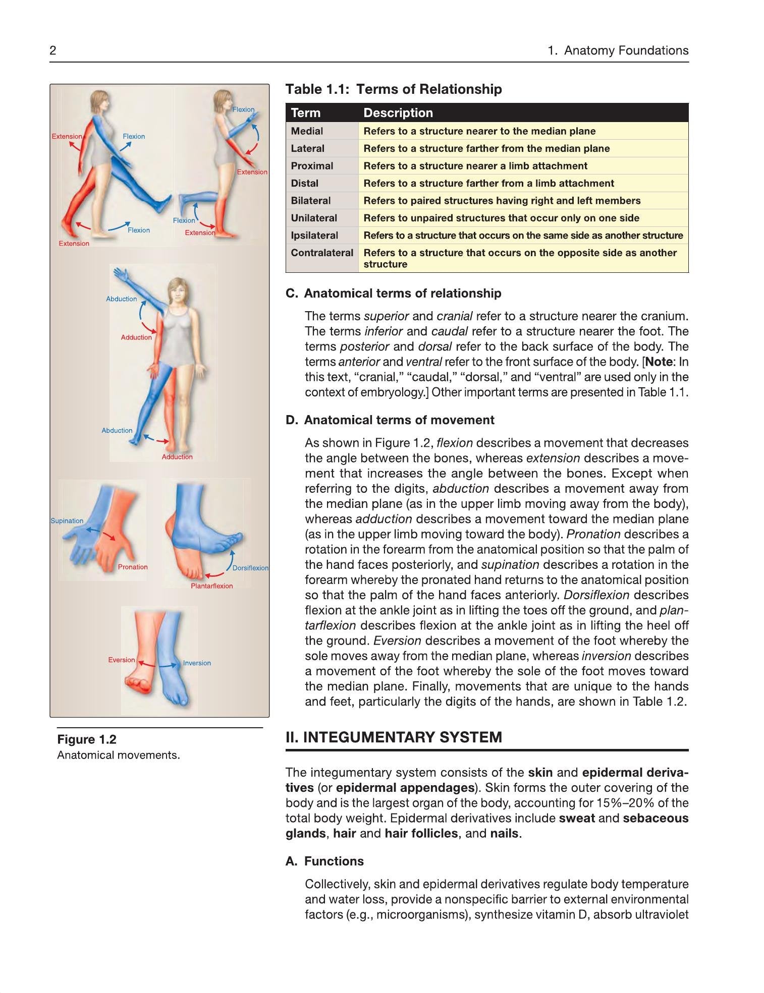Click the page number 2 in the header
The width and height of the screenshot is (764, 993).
click(x=52, y=50)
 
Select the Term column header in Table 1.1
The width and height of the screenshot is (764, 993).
click(x=305, y=113)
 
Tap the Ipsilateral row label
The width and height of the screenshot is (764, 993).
click(x=314, y=236)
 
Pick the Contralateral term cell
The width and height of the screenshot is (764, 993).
click(x=322, y=253)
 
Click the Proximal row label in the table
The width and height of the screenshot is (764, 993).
click(x=312, y=166)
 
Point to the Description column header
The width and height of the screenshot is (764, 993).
click(x=398, y=113)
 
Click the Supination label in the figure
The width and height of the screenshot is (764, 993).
click(x=67, y=521)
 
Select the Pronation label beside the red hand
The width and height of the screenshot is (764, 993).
click(x=133, y=567)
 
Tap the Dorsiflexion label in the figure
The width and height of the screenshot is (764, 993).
click(x=250, y=568)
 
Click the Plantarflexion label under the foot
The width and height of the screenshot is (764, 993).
click(x=212, y=586)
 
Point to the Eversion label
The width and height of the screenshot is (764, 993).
click(x=122, y=660)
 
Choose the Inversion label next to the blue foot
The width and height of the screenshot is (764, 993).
click(x=197, y=663)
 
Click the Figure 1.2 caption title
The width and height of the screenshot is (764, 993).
click(x=87, y=739)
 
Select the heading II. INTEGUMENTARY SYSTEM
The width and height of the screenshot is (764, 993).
click(x=394, y=737)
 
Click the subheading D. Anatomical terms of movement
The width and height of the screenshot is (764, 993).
click(x=390, y=420)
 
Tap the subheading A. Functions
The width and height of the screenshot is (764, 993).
click(x=324, y=861)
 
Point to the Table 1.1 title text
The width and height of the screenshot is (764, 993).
click(x=394, y=89)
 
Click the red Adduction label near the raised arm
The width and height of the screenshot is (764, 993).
click(x=136, y=337)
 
